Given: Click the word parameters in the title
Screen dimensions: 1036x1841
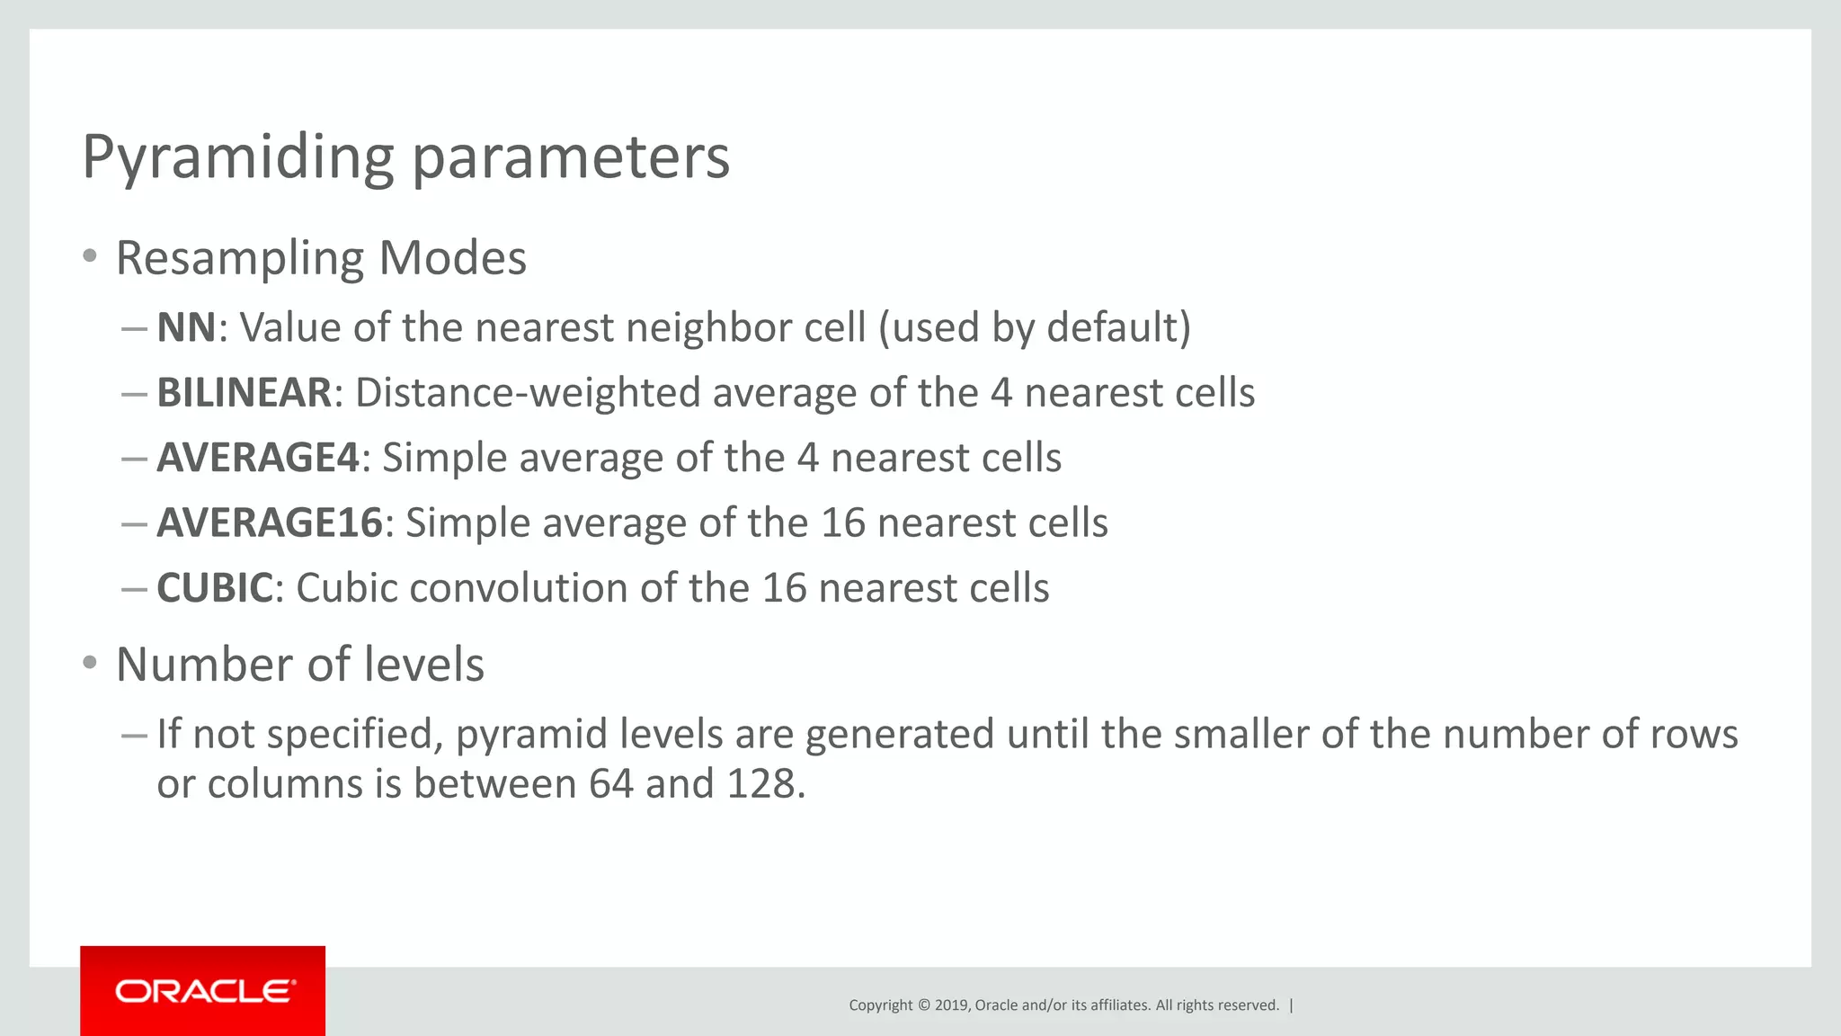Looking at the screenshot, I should click(571, 157).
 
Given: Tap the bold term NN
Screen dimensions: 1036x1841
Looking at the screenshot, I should click(186, 327).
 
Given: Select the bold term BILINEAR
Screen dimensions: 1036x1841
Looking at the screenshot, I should click(245, 393).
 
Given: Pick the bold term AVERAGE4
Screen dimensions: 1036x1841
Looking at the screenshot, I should click(258, 458).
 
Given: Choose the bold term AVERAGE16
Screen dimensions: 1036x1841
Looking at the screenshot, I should click(270, 522).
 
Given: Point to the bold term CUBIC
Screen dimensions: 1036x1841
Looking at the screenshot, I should click(215, 588).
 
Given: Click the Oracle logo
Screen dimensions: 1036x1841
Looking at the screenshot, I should click(203, 991).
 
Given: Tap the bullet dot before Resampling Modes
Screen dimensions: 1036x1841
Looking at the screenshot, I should click(89, 256).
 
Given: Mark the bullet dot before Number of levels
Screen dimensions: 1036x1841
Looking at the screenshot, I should click(89, 664).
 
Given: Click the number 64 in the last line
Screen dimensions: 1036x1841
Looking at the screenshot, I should click(611, 783).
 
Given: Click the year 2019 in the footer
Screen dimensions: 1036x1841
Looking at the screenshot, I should click(951, 1005).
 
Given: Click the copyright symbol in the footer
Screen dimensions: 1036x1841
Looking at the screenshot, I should click(923, 1005).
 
